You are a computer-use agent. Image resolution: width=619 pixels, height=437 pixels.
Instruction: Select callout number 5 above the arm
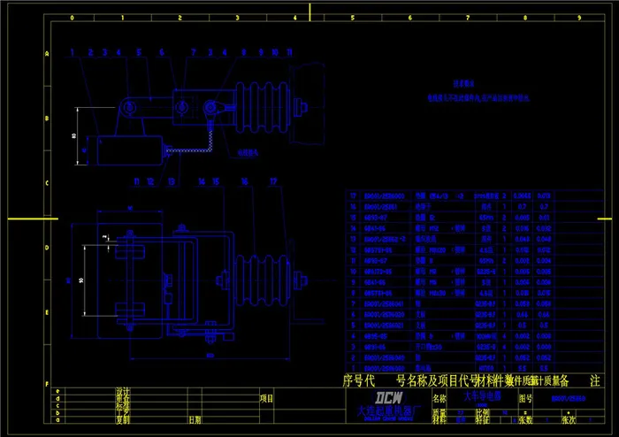[139, 53]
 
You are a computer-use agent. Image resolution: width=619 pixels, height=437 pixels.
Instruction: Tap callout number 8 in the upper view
[226, 53]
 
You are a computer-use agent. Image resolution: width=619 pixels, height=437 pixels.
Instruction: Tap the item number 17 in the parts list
[354, 195]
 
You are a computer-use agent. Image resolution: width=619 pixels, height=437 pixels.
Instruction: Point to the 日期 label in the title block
[194, 421]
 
